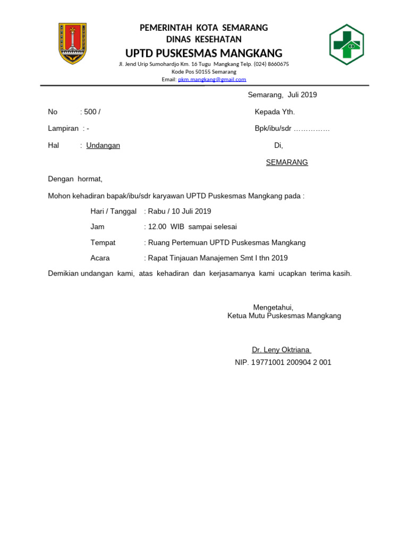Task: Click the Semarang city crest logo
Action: pos(72,44)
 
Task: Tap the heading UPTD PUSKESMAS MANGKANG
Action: pos(203,53)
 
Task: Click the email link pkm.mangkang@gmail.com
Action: pos(212,80)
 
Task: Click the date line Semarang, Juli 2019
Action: pos(283,95)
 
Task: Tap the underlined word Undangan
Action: pos(103,146)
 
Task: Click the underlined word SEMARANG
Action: pos(287,163)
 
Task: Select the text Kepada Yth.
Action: pos(275,112)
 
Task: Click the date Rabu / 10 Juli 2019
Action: pos(180,211)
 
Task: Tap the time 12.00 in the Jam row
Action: pos(157,227)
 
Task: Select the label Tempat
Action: pos(103,243)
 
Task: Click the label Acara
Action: pos(100,258)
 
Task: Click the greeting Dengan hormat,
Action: pos(75,180)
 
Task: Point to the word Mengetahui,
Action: pos(273,308)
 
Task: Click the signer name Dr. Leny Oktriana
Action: pos(281,350)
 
